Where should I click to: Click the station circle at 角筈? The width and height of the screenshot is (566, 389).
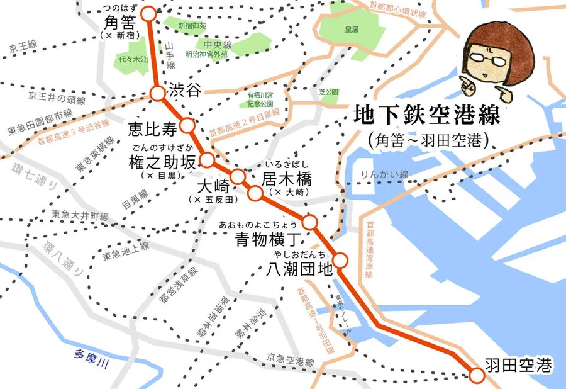(148, 13)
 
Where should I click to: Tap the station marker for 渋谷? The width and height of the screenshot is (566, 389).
(157, 93)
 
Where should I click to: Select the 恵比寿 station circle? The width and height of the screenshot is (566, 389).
(186, 125)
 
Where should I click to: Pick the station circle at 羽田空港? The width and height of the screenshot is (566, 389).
(477, 375)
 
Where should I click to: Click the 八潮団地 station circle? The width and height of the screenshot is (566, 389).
(340, 259)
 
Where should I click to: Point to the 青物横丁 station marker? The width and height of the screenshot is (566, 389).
(310, 222)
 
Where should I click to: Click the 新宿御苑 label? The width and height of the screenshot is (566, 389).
(191, 26)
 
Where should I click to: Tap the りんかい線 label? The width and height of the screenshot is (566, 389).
(385, 174)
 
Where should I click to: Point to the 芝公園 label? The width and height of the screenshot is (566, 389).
(329, 91)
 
